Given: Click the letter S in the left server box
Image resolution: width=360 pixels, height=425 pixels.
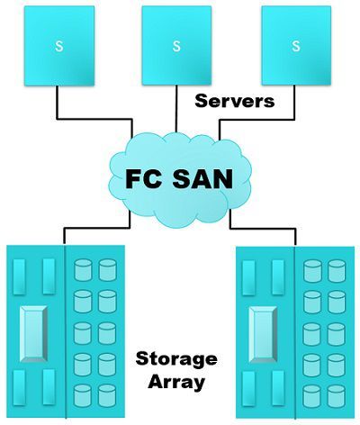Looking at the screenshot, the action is pyautogui.click(x=59, y=46).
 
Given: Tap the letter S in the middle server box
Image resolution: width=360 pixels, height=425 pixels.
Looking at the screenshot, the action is pyautogui.click(x=176, y=46).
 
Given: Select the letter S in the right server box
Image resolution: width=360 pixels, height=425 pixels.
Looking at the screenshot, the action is pyautogui.click(x=296, y=46).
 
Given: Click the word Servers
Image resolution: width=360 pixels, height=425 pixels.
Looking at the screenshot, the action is pyautogui.click(x=235, y=101).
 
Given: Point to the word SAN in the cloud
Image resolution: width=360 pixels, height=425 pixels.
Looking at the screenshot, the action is pyautogui.click(x=202, y=179).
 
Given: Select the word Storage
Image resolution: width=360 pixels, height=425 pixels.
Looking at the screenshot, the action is pyautogui.click(x=176, y=359).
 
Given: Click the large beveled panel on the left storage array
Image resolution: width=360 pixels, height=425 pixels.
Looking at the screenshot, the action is pyautogui.click(x=34, y=334).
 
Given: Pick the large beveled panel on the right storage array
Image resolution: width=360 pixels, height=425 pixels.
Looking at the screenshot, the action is pyautogui.click(x=263, y=335).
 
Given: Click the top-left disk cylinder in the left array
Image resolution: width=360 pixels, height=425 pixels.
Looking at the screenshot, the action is pyautogui.click(x=83, y=270).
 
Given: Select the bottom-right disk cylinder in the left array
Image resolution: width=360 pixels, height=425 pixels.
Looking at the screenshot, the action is pyautogui.click(x=107, y=395).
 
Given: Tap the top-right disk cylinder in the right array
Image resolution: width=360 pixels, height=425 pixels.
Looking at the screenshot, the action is pyautogui.click(x=337, y=271).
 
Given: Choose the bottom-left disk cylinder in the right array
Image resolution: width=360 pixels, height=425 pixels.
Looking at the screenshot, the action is pyautogui.click(x=312, y=396).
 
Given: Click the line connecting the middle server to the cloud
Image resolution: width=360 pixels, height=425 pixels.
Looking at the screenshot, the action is pyautogui.click(x=176, y=109).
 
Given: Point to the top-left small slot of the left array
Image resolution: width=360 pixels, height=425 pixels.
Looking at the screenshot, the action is pyautogui.click(x=19, y=276).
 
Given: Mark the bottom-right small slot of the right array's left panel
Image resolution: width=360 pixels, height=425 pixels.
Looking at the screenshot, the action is pyautogui.click(x=278, y=389).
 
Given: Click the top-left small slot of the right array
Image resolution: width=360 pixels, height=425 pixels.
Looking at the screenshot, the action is pyautogui.click(x=248, y=277).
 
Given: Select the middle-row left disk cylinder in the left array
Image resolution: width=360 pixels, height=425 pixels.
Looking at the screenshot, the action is pyautogui.click(x=83, y=333).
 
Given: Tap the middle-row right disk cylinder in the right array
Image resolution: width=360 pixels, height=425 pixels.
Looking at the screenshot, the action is pyautogui.click(x=336, y=334).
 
